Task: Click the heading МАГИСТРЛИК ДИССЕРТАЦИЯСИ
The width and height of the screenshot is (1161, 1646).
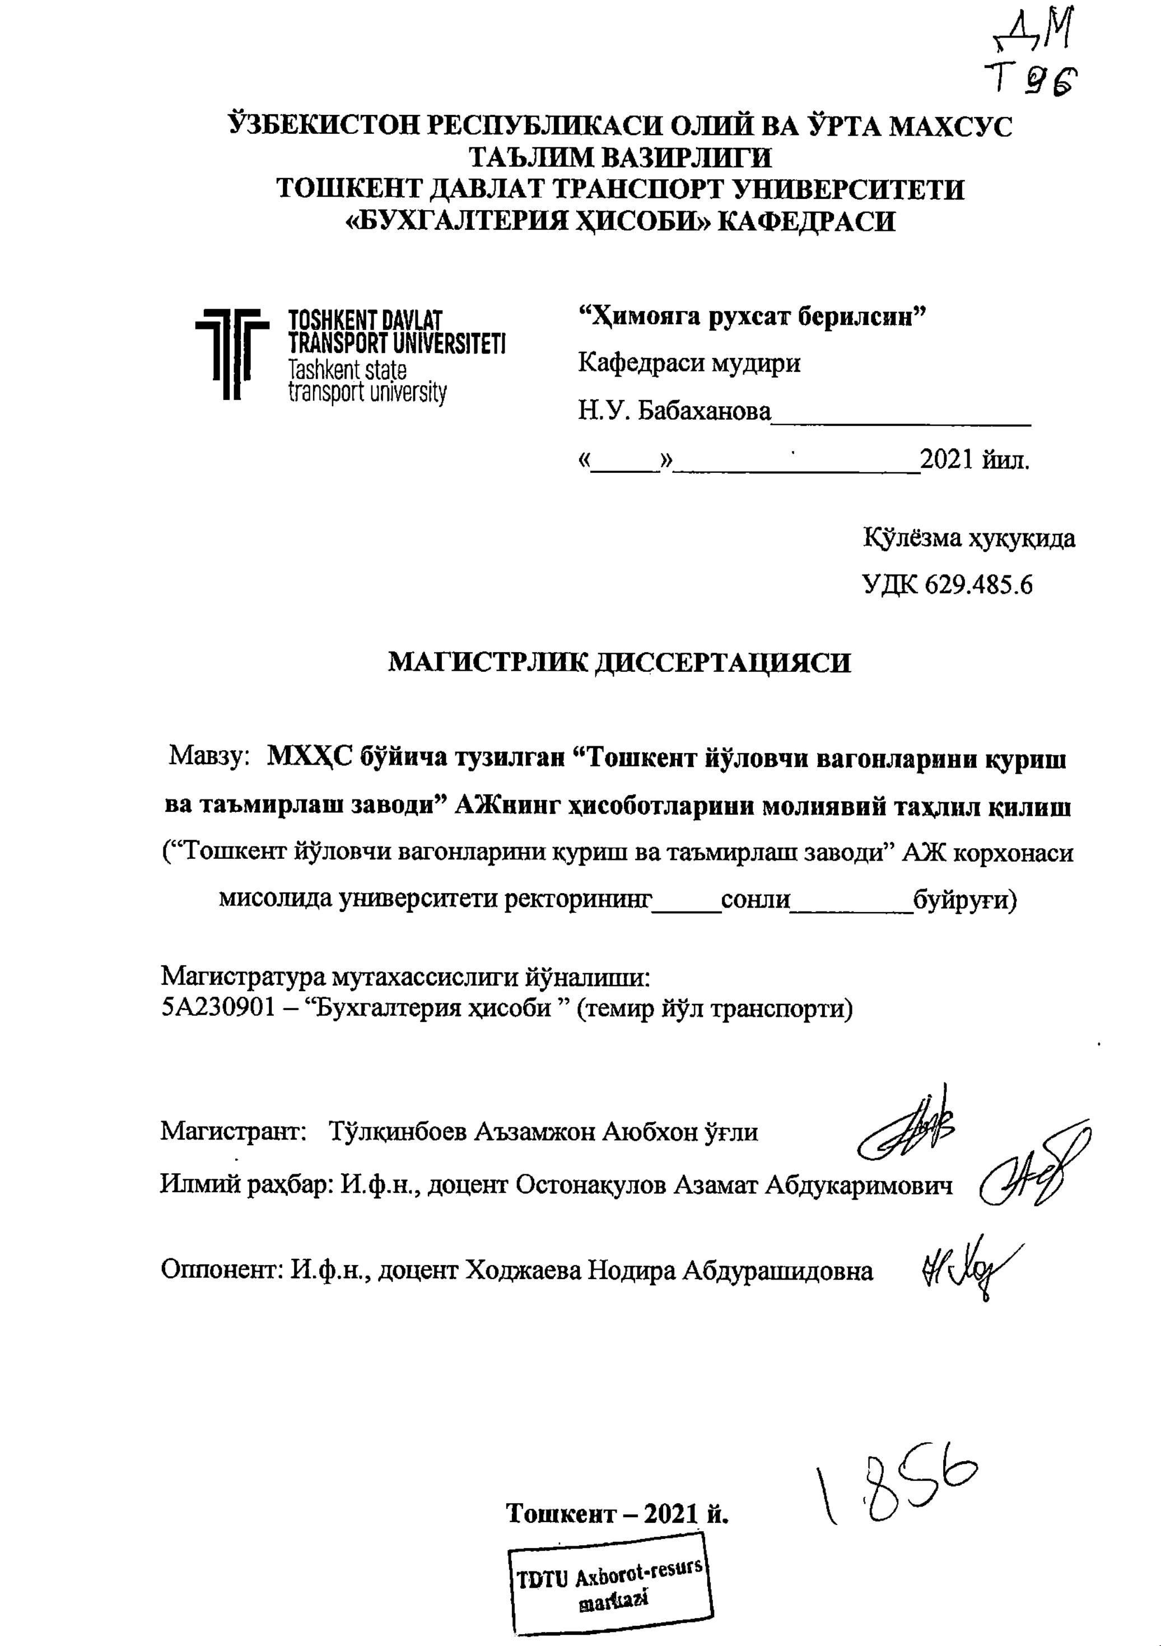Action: (619, 662)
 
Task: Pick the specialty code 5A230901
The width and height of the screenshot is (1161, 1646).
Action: (218, 1008)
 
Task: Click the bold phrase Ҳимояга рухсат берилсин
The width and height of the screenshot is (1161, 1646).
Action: (753, 315)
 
